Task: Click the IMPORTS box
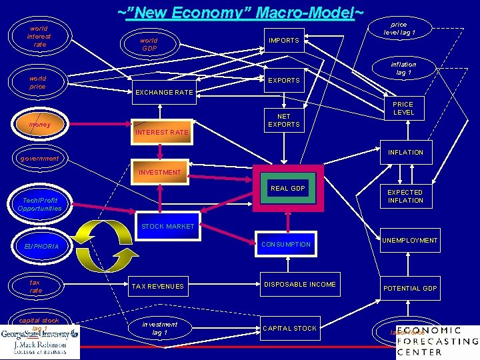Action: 283,41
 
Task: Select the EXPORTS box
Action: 283,81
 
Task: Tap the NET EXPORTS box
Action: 283,121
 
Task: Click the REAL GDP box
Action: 287,189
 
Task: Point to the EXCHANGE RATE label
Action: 163,92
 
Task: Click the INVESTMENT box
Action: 159,172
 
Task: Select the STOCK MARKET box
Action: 167,226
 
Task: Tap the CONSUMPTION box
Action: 285,245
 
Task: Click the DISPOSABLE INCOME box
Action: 300,285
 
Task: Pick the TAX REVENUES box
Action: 157,286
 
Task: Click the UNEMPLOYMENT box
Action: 409,241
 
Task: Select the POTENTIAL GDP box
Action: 409,288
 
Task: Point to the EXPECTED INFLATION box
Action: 405,196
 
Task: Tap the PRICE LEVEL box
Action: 403,109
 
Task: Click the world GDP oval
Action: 149,44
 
